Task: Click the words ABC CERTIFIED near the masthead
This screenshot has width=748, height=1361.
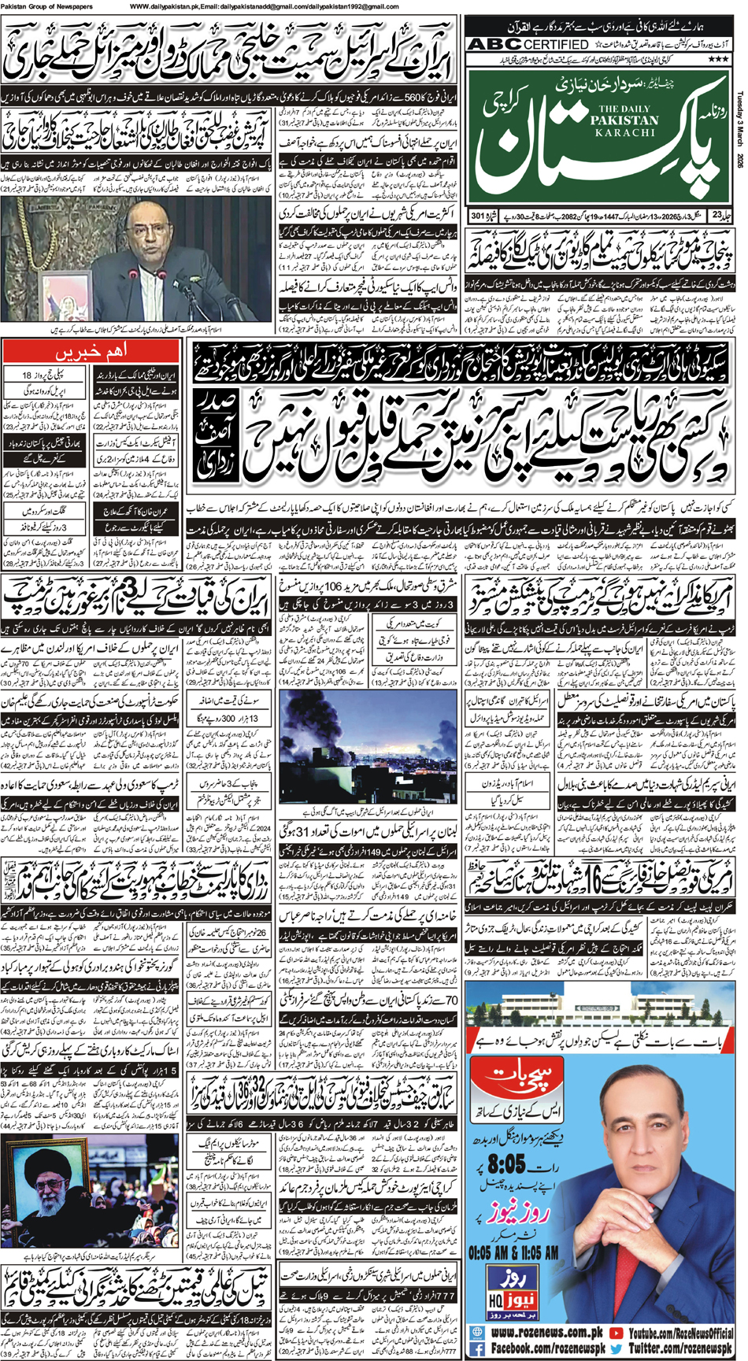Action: click(528, 45)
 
